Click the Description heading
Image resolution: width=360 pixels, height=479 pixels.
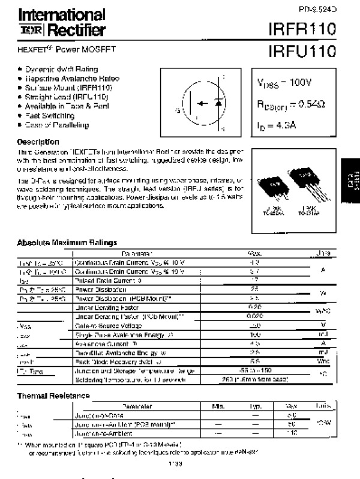click(38, 142)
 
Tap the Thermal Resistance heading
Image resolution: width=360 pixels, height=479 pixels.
click(53, 396)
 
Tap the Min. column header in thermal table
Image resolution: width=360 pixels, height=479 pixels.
click(218, 406)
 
